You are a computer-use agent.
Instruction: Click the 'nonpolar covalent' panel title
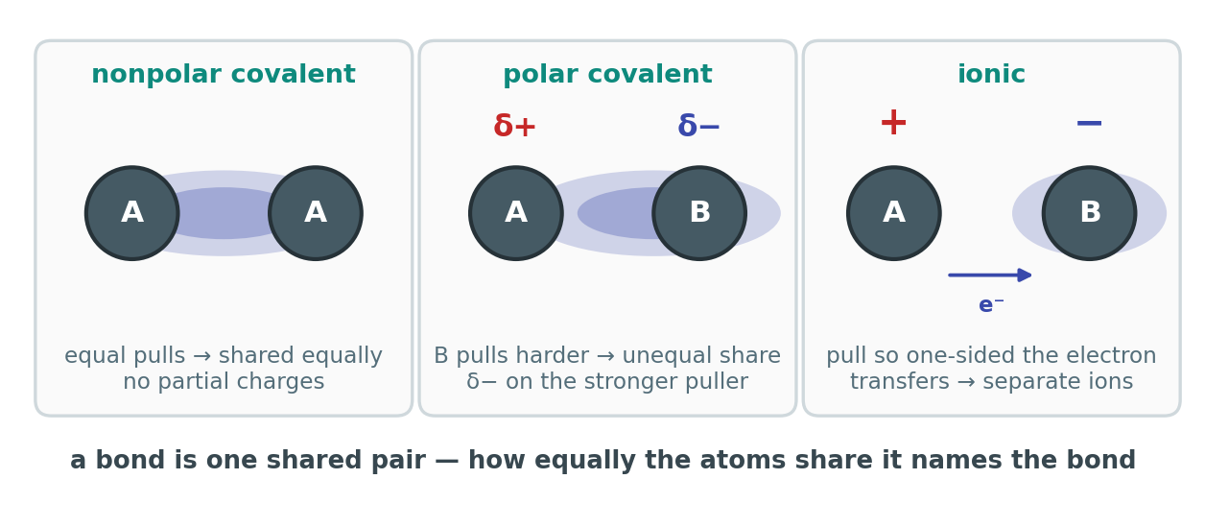pos(224,74)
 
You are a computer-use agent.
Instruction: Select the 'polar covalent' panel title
pos(607,74)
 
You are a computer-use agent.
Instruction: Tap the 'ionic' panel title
pos(991,74)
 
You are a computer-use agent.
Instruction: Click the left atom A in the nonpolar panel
pos(132,213)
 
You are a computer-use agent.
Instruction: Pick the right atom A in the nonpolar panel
pos(316,213)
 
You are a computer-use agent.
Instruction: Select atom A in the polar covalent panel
pos(516,213)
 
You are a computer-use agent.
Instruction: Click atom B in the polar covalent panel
pos(699,213)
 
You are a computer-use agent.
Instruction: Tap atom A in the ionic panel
pos(894,213)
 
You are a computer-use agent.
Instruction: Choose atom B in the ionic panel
pos(1089,213)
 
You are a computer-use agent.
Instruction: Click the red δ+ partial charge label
pos(515,126)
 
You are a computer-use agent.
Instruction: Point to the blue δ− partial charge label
pos(698,126)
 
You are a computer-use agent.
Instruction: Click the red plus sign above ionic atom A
pos(893,123)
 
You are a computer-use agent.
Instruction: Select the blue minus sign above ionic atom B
pos(1089,123)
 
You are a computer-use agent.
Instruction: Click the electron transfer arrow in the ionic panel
pos(990,275)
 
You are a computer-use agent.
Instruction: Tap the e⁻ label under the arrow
pos(991,304)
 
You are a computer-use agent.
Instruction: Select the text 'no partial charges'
pos(224,382)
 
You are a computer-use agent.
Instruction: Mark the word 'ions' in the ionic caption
pos(1113,382)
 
